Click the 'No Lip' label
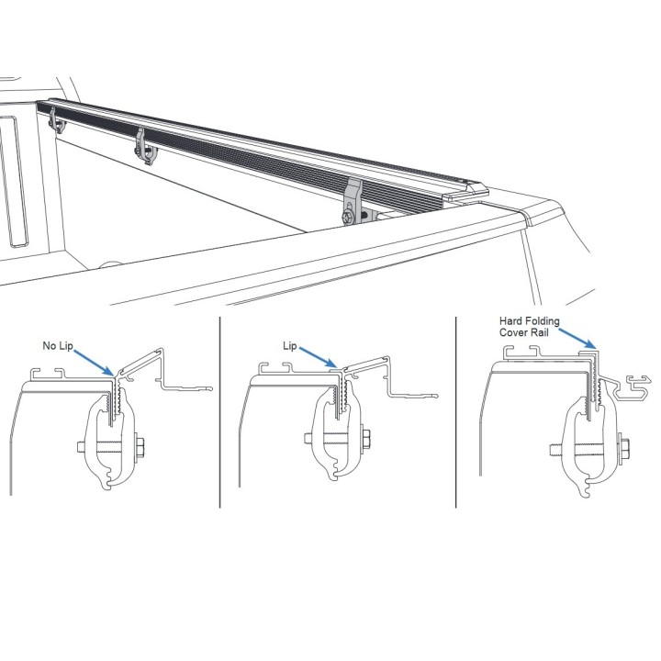tap(58, 346)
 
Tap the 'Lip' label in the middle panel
tap(290, 346)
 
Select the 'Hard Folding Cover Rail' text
tap(530, 327)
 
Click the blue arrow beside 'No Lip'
tap(94, 362)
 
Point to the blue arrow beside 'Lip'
tap(318, 357)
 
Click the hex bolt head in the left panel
tap(140, 446)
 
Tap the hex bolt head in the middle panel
tap(366, 439)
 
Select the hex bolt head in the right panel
tap(625, 450)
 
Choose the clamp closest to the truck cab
tap(57, 120)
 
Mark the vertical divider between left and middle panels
tap(220, 412)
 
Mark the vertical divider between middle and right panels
tap(456, 412)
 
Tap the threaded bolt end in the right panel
tap(555, 451)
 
